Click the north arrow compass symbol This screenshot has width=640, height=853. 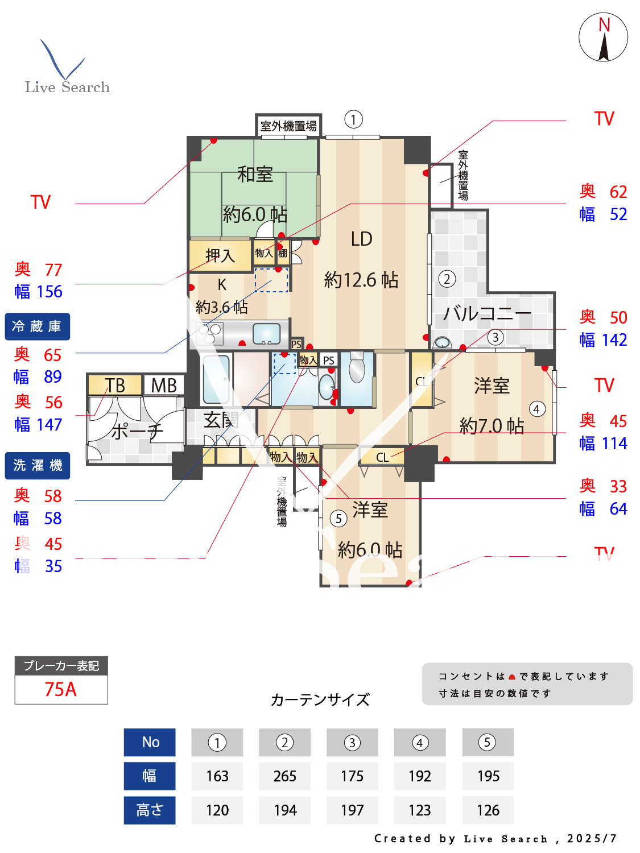[604, 38]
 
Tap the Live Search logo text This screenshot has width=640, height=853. [67, 87]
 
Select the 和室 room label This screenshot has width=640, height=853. [255, 174]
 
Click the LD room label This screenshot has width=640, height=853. [361, 239]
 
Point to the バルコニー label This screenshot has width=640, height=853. [487, 313]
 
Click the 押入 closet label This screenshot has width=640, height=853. [220, 256]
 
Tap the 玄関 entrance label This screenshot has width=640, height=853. [221, 420]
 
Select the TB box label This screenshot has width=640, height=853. [115, 386]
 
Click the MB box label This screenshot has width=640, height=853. [164, 386]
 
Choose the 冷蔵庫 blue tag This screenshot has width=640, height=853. [38, 326]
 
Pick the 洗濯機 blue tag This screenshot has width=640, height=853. [38, 466]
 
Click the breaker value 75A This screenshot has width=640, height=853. [61, 689]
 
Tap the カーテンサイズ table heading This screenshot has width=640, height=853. [320, 699]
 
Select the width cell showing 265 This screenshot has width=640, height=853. [284, 776]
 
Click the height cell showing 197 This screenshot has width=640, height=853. [352, 810]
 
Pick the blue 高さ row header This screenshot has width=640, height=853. [150, 810]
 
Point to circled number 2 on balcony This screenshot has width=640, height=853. [447, 279]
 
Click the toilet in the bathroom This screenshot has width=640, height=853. [357, 368]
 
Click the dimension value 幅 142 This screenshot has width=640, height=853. [603, 340]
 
